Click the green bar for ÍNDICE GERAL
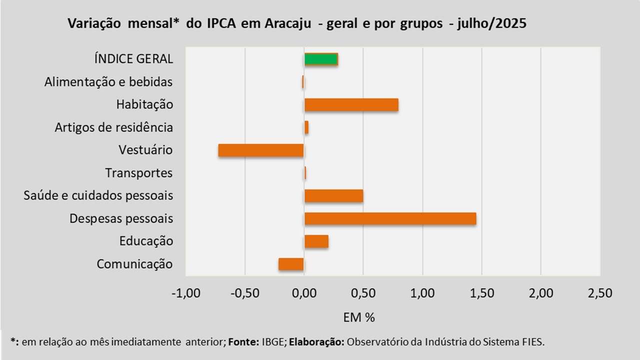click(321, 59)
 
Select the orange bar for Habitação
click(351, 105)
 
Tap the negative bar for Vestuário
click(261, 150)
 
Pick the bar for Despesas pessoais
click(390, 218)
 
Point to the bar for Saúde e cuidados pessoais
click(333, 195)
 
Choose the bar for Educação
click(316, 241)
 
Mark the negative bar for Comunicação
click(291, 264)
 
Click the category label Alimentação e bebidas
click(108, 82)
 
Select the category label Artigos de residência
click(114, 127)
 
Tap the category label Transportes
click(139, 173)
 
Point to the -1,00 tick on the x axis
click(186, 293)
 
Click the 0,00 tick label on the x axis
click(304, 293)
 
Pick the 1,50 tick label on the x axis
click(481, 293)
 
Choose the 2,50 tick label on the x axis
click(599, 293)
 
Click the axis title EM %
click(359, 317)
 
